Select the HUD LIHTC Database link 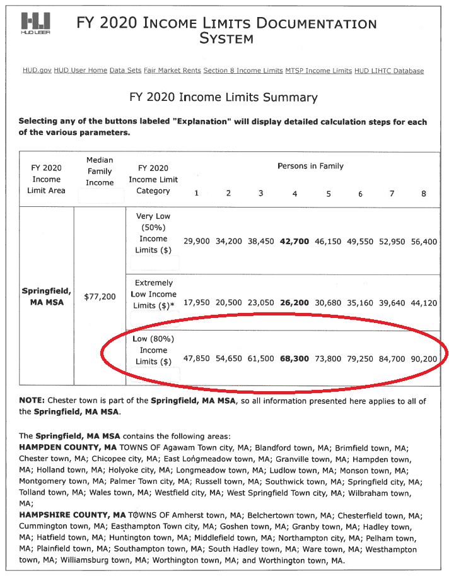[x=389, y=71]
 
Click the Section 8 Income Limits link [x=243, y=71]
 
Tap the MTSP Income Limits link [x=318, y=71]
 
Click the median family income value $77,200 [x=100, y=296]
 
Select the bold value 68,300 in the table [x=294, y=358]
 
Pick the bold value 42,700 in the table [x=294, y=241]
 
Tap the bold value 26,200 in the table [x=294, y=303]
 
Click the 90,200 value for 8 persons [x=424, y=358]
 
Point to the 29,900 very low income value [x=197, y=241]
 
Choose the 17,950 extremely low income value [x=197, y=303]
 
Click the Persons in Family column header [x=310, y=166]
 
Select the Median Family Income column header [x=100, y=171]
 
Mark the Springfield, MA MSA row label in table [x=47, y=297]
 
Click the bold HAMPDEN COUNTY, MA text [x=63, y=448]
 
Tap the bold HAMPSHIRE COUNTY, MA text [x=66, y=515]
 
